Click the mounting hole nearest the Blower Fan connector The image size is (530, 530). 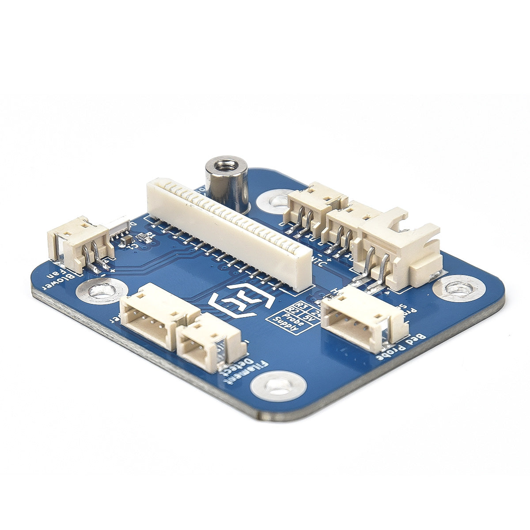[99, 291]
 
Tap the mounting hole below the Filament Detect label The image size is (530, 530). [278, 384]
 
